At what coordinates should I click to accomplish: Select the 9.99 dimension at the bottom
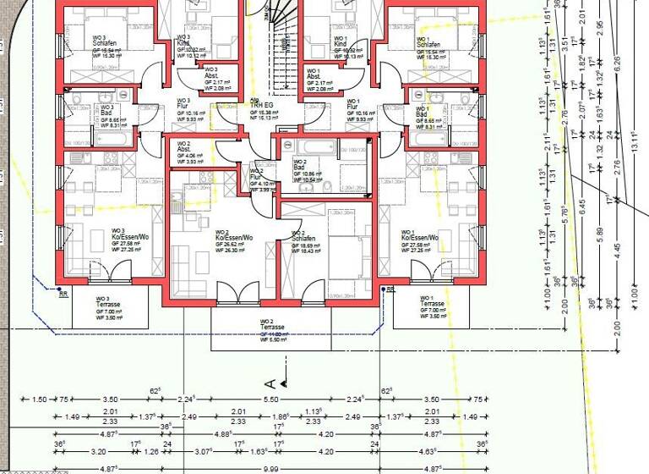tap(270, 468)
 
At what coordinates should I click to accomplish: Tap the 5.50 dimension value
tap(270, 400)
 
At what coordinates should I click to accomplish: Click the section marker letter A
tap(270, 382)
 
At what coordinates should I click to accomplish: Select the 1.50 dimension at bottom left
tap(39, 400)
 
